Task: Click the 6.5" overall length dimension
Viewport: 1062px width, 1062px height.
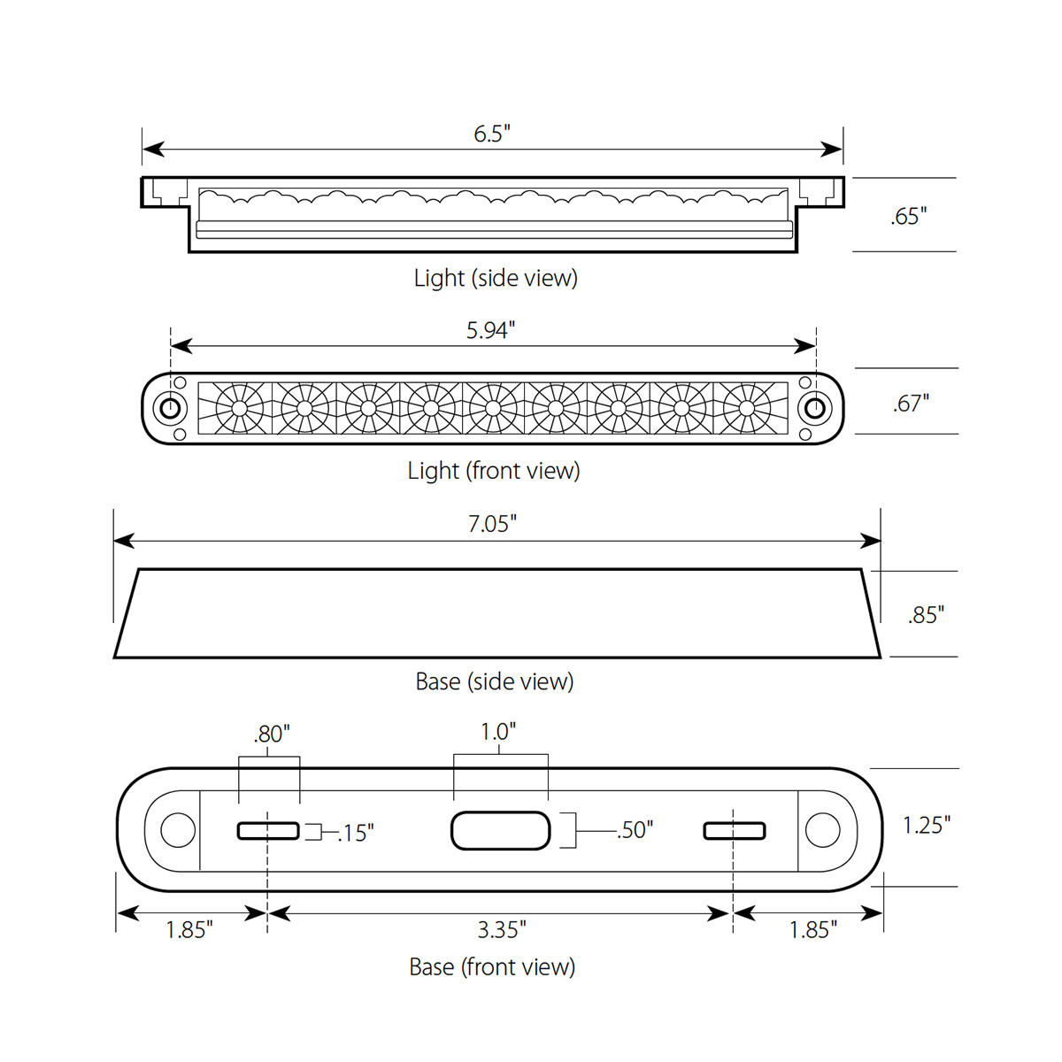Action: tap(492, 134)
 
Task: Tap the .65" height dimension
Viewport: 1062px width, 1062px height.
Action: tap(908, 216)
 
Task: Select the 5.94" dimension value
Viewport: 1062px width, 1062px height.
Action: tap(490, 330)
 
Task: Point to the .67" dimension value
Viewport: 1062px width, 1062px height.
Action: tap(911, 404)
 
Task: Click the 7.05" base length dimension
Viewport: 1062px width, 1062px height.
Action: tap(492, 524)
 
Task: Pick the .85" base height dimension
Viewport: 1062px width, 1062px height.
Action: tap(926, 615)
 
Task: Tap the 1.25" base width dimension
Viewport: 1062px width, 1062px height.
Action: tap(926, 825)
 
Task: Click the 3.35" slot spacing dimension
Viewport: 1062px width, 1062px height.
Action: tap(502, 929)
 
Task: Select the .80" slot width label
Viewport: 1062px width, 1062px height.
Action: tap(271, 734)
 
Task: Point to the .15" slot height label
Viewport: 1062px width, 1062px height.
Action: tap(355, 833)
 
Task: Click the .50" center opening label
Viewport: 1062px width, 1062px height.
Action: tap(635, 830)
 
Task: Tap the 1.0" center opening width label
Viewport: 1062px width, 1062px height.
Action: tap(498, 732)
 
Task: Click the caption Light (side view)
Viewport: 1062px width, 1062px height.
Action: tap(496, 278)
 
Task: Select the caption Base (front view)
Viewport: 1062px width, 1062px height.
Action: tap(492, 966)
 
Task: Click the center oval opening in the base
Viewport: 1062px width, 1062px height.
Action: tap(501, 831)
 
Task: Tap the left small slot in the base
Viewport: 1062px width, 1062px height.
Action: tap(268, 831)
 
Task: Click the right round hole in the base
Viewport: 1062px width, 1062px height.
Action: tap(822, 831)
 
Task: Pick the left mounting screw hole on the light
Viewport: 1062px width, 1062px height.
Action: tap(168, 409)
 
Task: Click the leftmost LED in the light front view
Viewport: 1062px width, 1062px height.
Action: tap(239, 409)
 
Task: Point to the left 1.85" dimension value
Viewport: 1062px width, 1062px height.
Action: tap(189, 929)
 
